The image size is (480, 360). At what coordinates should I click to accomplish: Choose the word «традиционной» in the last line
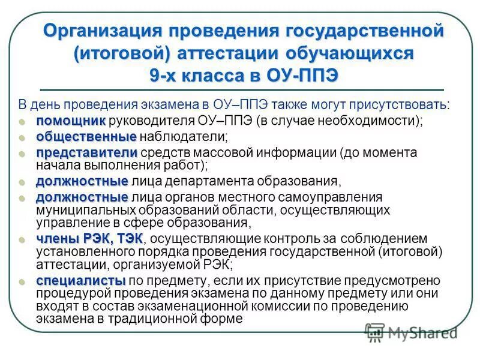click(150, 319)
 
